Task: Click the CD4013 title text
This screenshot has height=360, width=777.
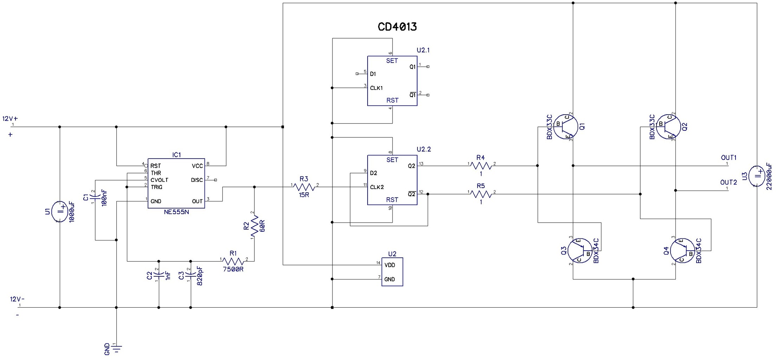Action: tap(397, 27)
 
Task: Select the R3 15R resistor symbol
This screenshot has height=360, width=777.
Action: tap(304, 187)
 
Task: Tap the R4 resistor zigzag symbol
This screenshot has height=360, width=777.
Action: tap(481, 166)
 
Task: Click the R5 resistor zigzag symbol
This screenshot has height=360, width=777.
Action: tap(481, 194)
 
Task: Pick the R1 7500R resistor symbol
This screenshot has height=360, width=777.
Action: tap(233, 261)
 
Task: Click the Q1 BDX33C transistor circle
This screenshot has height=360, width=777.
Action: tap(566, 127)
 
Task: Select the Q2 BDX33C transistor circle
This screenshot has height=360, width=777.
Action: tap(668, 127)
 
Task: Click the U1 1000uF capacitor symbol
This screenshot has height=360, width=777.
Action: tap(60, 211)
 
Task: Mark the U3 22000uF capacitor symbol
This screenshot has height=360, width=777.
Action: tap(757, 176)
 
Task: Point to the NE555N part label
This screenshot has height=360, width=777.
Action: tap(176, 212)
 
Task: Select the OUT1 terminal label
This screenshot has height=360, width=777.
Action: tap(729, 157)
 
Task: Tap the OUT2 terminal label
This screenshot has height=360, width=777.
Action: tap(729, 182)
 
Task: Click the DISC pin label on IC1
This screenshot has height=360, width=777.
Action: tap(197, 180)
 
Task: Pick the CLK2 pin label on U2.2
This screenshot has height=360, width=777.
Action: tap(377, 187)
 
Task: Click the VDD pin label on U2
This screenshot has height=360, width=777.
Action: tap(390, 265)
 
